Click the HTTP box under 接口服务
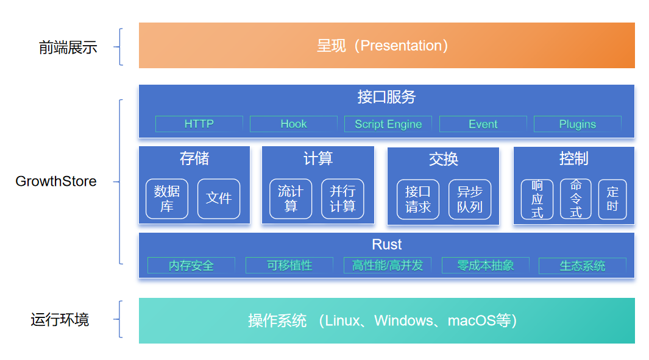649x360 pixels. pos(199,124)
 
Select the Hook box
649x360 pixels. pos(294,124)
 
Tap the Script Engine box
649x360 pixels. pos(388,124)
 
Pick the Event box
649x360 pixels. pos(483,124)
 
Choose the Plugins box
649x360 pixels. pos(577,124)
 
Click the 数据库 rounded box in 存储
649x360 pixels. pos(167,199)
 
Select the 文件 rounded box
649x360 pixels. pos(219,199)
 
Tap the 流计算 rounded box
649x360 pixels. pos(291,199)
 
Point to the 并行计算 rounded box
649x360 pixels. pos(342,199)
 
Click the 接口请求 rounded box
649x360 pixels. pos(418,199)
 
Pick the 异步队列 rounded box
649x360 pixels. pos(470,199)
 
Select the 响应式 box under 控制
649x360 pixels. pos(537,199)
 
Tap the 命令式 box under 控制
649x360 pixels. pos(576,199)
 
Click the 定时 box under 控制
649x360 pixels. pos(612,199)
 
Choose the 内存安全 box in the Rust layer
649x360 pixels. pos(191,265)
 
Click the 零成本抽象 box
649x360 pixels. pos(486,265)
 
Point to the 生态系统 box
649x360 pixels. pos(583,266)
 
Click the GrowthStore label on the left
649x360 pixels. pos(56,182)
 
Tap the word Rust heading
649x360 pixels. pos(386,244)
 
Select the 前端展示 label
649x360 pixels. pos(68,48)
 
